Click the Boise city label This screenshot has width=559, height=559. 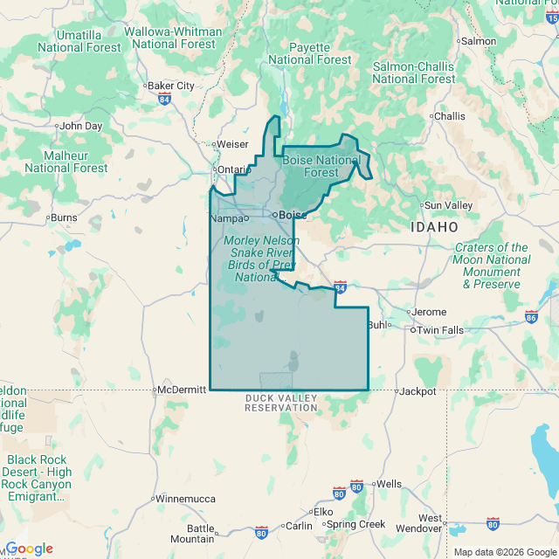(293, 214)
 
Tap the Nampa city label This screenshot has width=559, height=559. (227, 217)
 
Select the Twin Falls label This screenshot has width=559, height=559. (440, 330)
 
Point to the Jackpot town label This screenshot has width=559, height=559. (418, 391)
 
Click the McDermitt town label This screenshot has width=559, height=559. (183, 390)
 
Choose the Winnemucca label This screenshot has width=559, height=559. (185, 499)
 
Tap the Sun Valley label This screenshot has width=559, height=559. (448, 205)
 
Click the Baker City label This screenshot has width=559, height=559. (171, 86)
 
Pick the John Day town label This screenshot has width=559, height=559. (81, 126)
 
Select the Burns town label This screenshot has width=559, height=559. (64, 217)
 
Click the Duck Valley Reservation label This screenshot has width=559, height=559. (280, 403)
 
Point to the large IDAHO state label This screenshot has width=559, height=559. (434, 226)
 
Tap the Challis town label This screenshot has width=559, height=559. (450, 116)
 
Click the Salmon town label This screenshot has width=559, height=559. (479, 41)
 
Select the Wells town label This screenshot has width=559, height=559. (389, 484)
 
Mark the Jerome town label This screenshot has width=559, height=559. (429, 312)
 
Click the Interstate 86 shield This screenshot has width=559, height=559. (531, 315)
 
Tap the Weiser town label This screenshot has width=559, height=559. (232, 144)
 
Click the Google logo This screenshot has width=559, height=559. (30, 549)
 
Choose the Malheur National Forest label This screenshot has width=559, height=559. (66, 162)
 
